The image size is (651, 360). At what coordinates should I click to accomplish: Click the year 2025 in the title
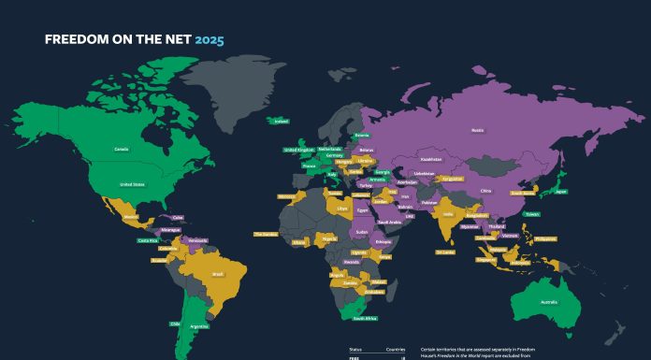(x=210, y=40)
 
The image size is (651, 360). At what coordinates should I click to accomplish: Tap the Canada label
(x=122, y=149)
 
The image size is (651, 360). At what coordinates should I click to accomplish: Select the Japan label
(x=560, y=192)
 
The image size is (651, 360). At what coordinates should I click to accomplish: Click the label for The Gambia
(x=266, y=235)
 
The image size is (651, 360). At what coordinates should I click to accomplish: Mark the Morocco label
(x=286, y=197)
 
